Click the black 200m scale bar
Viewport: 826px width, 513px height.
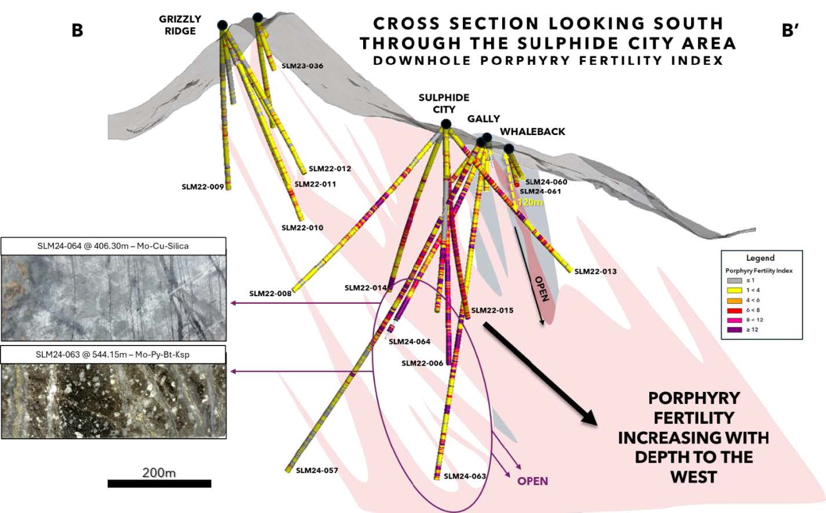159,483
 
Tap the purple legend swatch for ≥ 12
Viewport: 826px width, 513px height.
734,330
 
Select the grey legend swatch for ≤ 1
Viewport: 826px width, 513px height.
734,281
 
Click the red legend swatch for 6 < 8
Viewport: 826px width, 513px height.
734,310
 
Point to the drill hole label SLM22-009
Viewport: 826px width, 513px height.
203,187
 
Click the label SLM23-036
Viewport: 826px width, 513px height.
302,66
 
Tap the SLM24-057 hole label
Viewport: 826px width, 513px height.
317,471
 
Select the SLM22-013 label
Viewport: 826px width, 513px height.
595,271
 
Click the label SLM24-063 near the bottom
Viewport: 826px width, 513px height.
465,476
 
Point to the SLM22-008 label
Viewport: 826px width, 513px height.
271,293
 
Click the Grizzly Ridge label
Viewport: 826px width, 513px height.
180,25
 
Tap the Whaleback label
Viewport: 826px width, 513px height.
532,132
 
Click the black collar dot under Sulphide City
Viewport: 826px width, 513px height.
446,123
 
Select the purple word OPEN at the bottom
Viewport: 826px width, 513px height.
532,481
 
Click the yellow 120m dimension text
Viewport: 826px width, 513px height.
530,202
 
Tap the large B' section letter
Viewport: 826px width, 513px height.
790,30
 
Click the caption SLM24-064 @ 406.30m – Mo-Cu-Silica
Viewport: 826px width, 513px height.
113,246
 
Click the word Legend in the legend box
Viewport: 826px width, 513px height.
761,257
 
